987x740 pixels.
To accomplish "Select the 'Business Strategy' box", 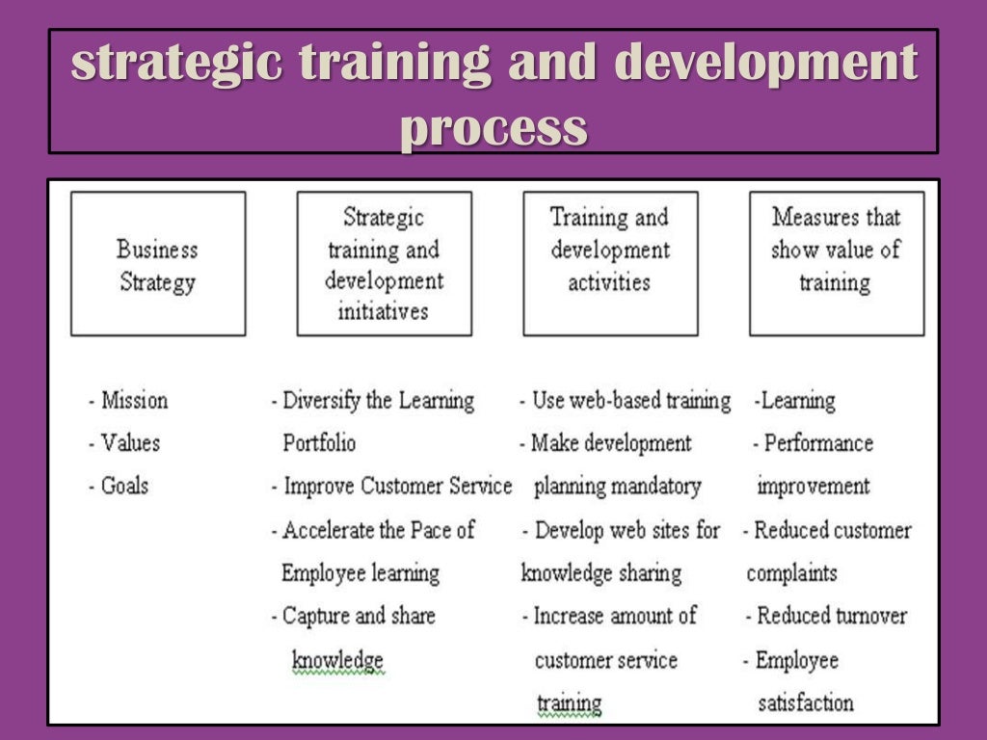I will pyautogui.click(x=157, y=264).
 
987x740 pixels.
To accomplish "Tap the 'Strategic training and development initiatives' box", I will pyautogui.click(x=384, y=264).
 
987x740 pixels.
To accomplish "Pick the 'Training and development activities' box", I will pyautogui.click(x=610, y=263).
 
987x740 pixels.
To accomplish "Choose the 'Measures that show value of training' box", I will pyautogui.click(x=836, y=263).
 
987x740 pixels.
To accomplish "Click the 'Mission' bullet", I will pyautogui.click(x=133, y=400).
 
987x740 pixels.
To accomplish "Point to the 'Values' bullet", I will pyautogui.click(x=129, y=443).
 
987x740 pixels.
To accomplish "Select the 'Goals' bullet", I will pyautogui.click(x=124, y=486).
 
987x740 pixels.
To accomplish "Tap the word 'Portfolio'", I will pyautogui.click(x=319, y=443).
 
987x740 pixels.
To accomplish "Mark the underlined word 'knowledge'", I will pyautogui.click(x=337, y=660).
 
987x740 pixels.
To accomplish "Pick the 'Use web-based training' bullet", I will pyautogui.click(x=630, y=400).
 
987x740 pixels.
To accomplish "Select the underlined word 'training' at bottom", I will pyautogui.click(x=569, y=702).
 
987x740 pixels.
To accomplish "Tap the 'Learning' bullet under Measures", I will pyautogui.click(x=797, y=400).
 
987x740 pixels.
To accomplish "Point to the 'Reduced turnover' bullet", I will pyautogui.click(x=831, y=615).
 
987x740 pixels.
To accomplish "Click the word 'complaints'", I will pyautogui.click(x=791, y=572).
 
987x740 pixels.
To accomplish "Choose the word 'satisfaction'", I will pyautogui.click(x=806, y=702).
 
